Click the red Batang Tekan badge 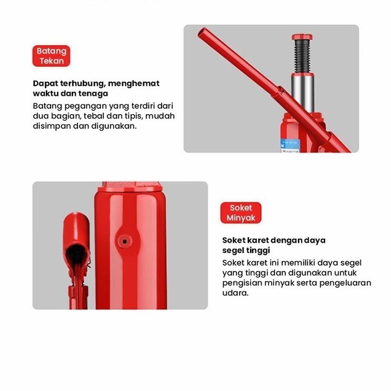[51, 56]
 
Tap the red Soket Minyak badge [241, 213]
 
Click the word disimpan [52, 126]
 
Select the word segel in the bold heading [233, 250]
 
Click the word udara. [235, 293]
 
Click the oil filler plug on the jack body [125, 241]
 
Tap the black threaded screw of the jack [302, 56]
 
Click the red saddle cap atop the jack [302, 37]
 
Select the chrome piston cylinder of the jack [303, 94]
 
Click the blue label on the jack [289, 145]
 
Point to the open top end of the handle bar [203, 33]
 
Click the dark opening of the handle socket [76, 253]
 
